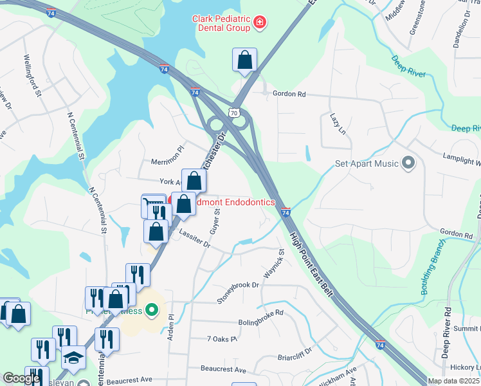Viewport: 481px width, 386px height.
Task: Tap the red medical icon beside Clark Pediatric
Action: (259, 23)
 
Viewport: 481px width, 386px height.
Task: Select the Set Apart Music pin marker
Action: (408, 163)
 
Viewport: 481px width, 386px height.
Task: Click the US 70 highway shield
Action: (237, 113)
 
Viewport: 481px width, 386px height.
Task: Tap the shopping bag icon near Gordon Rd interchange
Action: (244, 61)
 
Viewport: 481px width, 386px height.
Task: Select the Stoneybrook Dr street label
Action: (237, 292)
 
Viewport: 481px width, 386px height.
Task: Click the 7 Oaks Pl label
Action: (222, 338)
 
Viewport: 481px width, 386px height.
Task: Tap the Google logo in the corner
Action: (21, 378)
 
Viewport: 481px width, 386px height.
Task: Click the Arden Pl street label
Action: (171, 326)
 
